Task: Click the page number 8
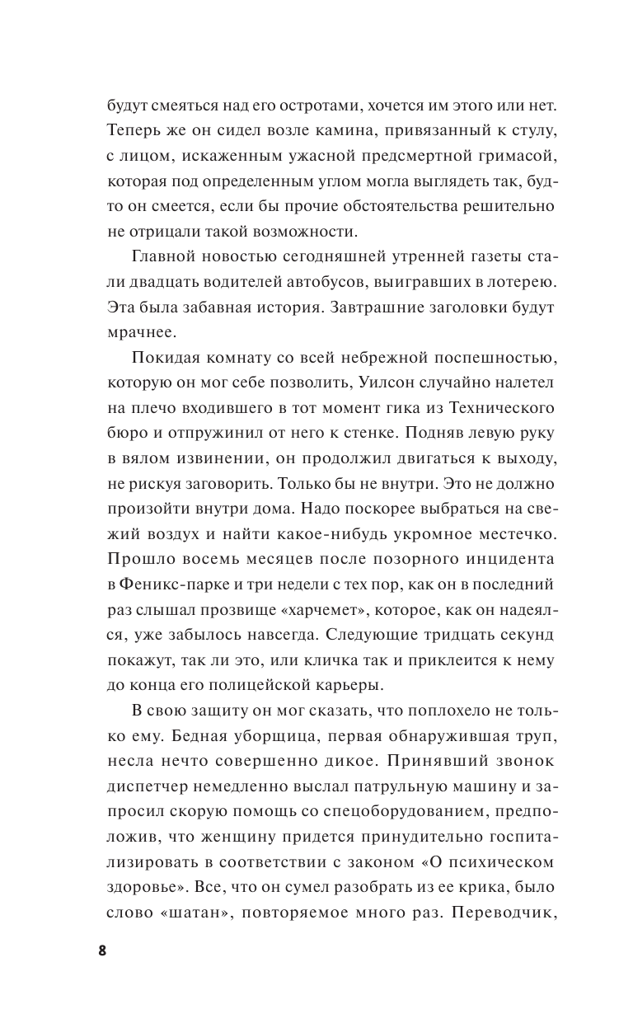[x=102, y=950]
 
